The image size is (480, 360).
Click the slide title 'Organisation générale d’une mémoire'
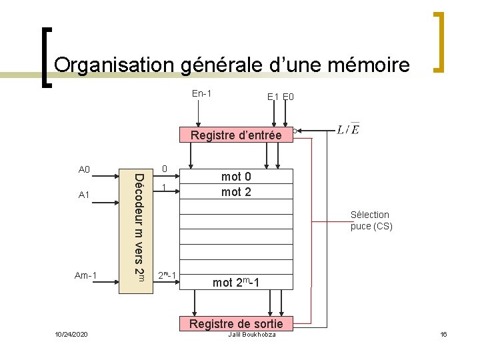(231, 65)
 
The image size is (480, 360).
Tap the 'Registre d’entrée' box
(236, 135)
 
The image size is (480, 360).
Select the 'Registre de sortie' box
(236, 324)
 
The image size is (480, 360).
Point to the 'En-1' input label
(202, 93)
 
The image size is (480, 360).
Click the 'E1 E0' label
(281, 97)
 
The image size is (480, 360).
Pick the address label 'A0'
(84, 169)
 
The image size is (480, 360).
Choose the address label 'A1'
(84, 195)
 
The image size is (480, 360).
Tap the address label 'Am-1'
(86, 275)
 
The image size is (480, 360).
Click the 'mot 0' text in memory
(236, 177)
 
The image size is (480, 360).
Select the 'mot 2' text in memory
(236, 192)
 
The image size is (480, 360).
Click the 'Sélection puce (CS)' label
(371, 220)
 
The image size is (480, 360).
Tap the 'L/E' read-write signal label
(348, 129)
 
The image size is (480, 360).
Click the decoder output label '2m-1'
(167, 275)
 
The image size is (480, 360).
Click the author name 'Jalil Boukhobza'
(251, 333)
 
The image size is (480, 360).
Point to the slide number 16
(443, 333)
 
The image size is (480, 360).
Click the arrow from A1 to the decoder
(106, 195)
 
